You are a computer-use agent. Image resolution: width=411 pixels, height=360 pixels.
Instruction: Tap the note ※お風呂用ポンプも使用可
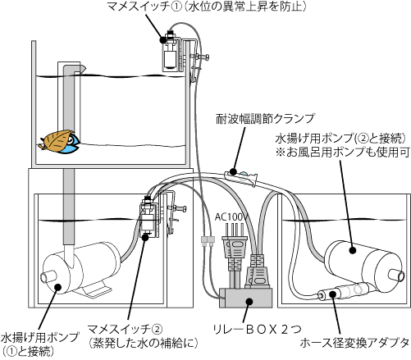[340, 152]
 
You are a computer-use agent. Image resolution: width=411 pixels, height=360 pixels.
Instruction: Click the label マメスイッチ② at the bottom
[122, 326]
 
